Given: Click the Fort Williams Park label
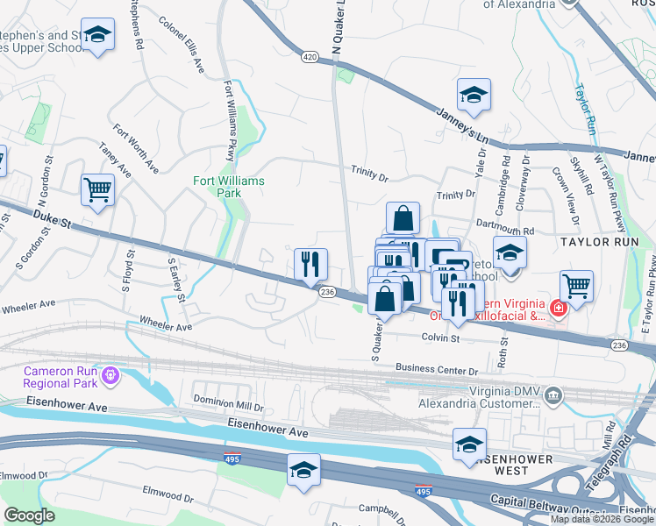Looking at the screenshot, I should point(229,186).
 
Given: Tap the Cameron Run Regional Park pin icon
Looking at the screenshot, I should point(110,377).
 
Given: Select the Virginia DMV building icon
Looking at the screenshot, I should point(553,396).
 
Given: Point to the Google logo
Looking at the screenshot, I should point(29,516).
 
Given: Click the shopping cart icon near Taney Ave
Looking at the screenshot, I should point(97,189).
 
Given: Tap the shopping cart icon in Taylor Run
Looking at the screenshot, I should point(576,285).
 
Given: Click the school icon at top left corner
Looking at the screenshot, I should point(98,35).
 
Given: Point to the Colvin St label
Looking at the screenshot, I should point(440,336).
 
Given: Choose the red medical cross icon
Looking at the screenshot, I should point(556,308).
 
